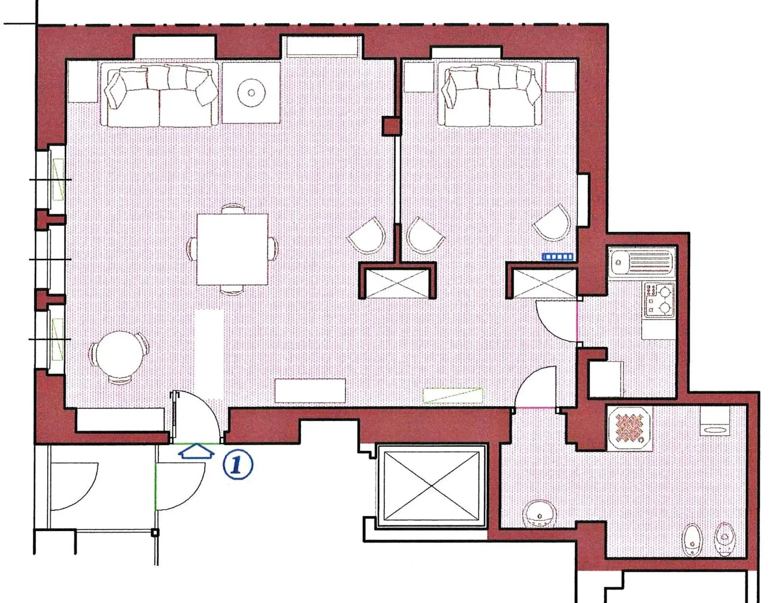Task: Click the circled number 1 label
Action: [238, 464]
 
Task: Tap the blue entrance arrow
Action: [196, 451]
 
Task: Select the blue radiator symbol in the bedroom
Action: [558, 257]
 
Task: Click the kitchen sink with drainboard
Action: [642, 262]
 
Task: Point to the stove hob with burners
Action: [659, 300]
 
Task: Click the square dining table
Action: [232, 249]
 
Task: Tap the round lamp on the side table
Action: [251, 93]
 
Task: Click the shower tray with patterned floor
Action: [630, 428]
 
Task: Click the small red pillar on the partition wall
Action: [392, 126]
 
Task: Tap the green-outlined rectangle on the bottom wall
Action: [453, 395]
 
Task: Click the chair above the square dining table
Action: [233, 208]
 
